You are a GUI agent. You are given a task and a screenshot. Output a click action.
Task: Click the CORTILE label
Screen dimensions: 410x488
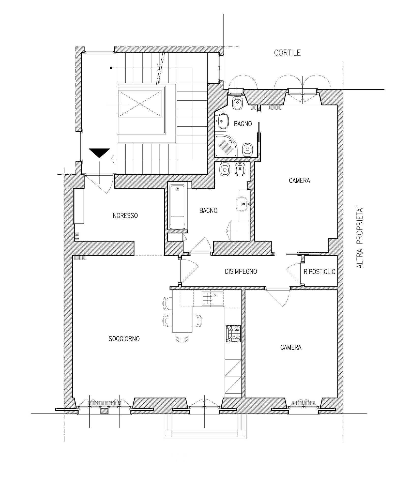pyautogui.click(x=287, y=53)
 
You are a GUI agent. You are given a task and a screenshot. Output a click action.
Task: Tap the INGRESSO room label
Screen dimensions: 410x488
pyautogui.click(x=125, y=216)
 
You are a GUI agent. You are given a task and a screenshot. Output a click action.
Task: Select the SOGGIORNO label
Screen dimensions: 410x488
pyautogui.click(x=124, y=339)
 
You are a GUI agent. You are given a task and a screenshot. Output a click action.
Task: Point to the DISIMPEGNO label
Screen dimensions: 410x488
pyautogui.click(x=241, y=271)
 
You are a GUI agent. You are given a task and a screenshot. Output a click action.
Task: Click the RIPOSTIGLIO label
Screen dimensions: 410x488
pyautogui.click(x=320, y=272)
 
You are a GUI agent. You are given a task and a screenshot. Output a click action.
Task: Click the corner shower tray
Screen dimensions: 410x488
pyautogui.click(x=226, y=146)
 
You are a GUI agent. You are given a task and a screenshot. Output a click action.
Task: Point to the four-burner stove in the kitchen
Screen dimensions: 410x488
pyautogui.click(x=233, y=334)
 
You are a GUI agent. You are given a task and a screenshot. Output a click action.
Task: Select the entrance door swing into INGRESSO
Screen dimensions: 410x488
pyautogui.click(x=98, y=184)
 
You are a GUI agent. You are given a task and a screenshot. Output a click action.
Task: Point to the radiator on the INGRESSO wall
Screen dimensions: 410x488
pyautogui.click(x=78, y=236)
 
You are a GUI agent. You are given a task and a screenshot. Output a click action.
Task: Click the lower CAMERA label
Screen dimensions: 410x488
pyautogui.click(x=291, y=347)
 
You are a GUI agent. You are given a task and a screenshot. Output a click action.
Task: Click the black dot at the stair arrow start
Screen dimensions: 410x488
pyautogui.click(x=111, y=68)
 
